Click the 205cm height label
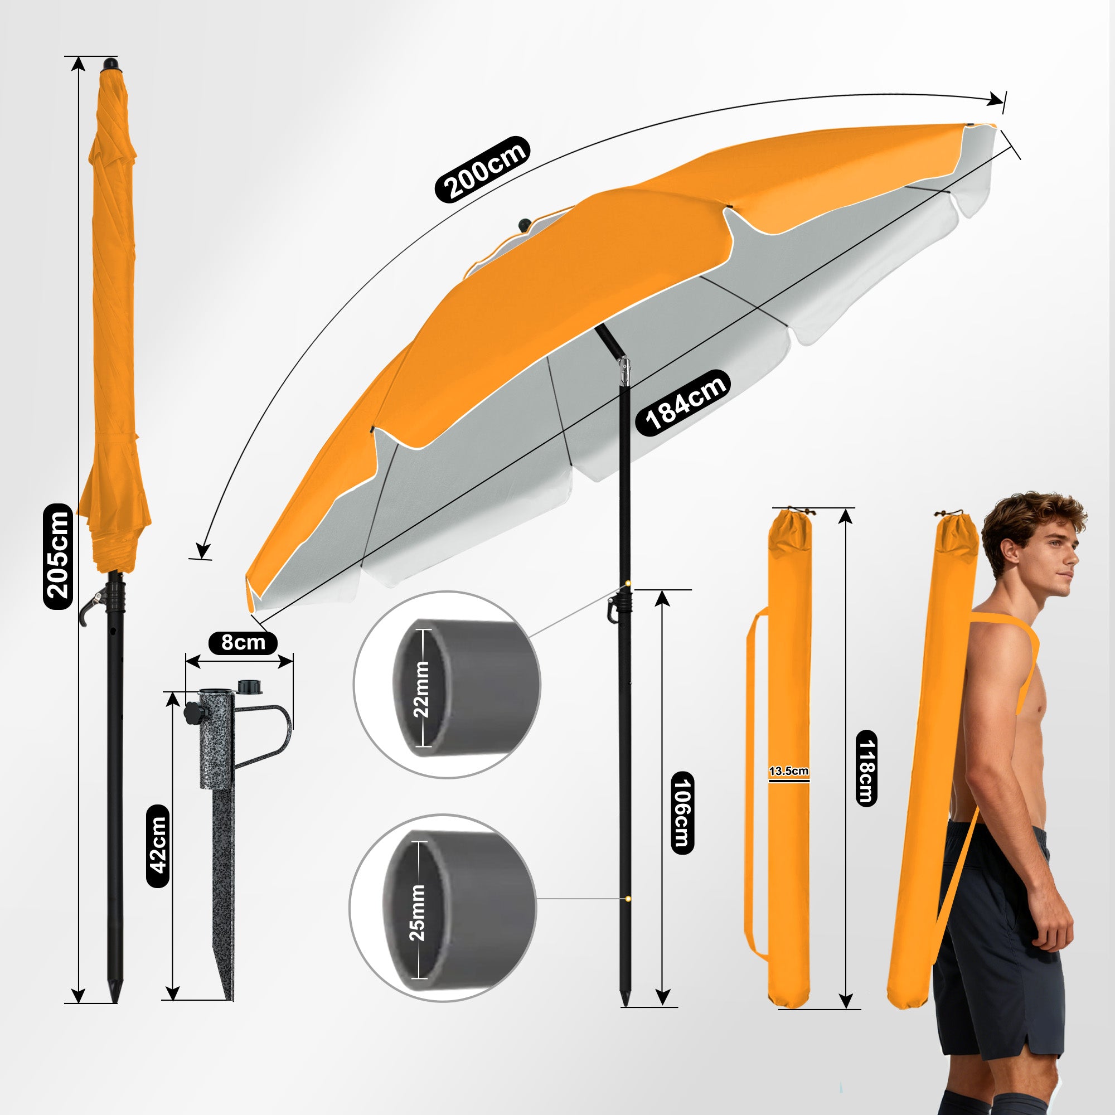click(x=59, y=556)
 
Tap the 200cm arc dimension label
click(x=481, y=169)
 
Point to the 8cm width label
click(x=243, y=642)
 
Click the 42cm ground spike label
click(x=158, y=846)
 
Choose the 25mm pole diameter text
click(x=416, y=912)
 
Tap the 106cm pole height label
click(x=682, y=813)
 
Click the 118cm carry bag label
click(x=866, y=768)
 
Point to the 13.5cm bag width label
click(x=788, y=771)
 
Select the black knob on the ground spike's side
click(x=192, y=712)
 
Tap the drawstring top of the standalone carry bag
click(x=789, y=530)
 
